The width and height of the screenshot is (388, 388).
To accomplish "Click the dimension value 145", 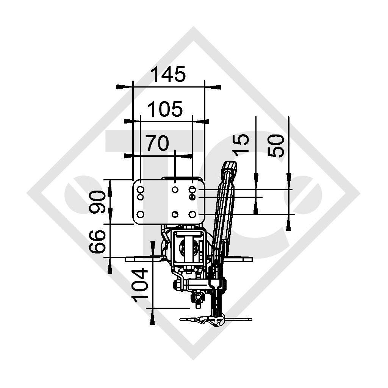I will [169, 74].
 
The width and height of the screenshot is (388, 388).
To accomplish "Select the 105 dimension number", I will [165, 110].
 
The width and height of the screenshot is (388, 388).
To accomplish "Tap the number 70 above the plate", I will [157, 144].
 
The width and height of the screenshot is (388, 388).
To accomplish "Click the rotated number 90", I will [98, 202].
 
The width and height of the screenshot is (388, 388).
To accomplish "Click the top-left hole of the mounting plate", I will [140, 189].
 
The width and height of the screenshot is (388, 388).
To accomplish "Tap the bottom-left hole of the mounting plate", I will [140, 214].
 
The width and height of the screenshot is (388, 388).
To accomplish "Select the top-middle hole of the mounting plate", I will [175, 189].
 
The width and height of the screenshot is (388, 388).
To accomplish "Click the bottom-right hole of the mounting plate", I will [192, 214].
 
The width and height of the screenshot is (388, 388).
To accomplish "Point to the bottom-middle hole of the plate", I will [175, 214].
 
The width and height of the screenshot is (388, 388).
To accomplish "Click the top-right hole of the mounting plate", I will [192, 189].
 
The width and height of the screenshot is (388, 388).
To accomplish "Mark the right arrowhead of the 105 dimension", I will [205, 121].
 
